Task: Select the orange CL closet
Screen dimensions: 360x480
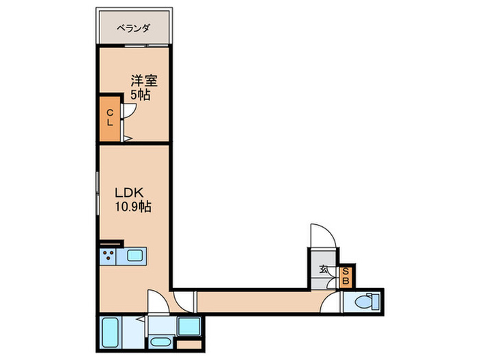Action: (110, 119)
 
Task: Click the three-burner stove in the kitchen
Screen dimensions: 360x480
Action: (108, 256)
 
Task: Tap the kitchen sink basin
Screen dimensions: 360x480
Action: (134, 256)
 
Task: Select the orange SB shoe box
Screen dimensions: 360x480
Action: (346, 276)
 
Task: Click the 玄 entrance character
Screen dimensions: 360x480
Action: (323, 269)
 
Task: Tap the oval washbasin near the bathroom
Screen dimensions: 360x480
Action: (161, 342)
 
